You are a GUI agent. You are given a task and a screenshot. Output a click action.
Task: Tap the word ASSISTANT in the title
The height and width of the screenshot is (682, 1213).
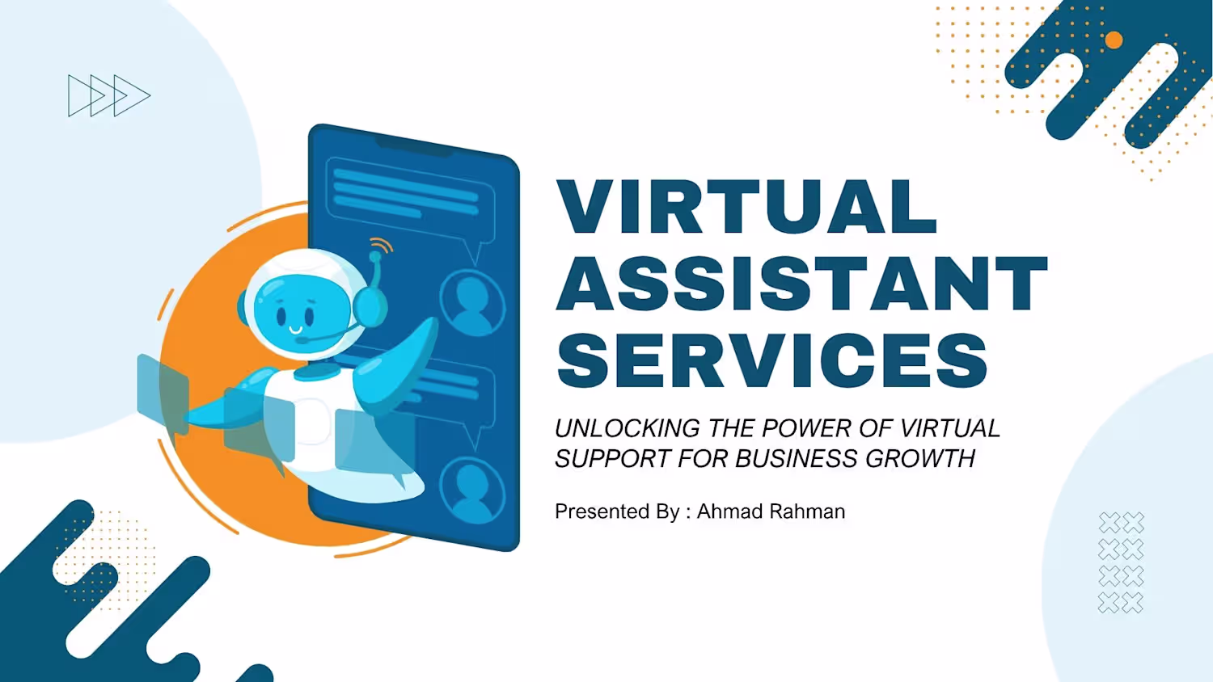[802, 283]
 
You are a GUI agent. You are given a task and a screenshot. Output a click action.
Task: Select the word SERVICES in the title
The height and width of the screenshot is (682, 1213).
[772, 360]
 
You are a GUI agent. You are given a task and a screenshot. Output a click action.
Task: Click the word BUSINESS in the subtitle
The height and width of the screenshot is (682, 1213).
[796, 458]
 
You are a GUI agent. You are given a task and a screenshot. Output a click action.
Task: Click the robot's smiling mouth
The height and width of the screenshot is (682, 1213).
[296, 329]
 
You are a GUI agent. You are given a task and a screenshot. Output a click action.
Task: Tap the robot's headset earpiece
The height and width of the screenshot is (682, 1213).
[370, 306]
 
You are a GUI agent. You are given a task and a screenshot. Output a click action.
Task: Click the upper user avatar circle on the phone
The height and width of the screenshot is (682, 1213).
[472, 302]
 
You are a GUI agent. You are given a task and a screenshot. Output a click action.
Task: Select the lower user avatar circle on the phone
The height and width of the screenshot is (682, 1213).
[472, 490]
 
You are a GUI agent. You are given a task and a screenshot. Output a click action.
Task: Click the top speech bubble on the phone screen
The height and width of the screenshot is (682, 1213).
[410, 206]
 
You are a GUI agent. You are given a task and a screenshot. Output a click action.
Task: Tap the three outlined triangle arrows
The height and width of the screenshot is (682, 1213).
[109, 96]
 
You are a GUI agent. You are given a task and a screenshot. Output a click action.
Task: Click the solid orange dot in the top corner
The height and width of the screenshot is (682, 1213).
[1114, 40]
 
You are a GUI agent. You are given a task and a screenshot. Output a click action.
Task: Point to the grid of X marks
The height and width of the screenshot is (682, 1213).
[1121, 562]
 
